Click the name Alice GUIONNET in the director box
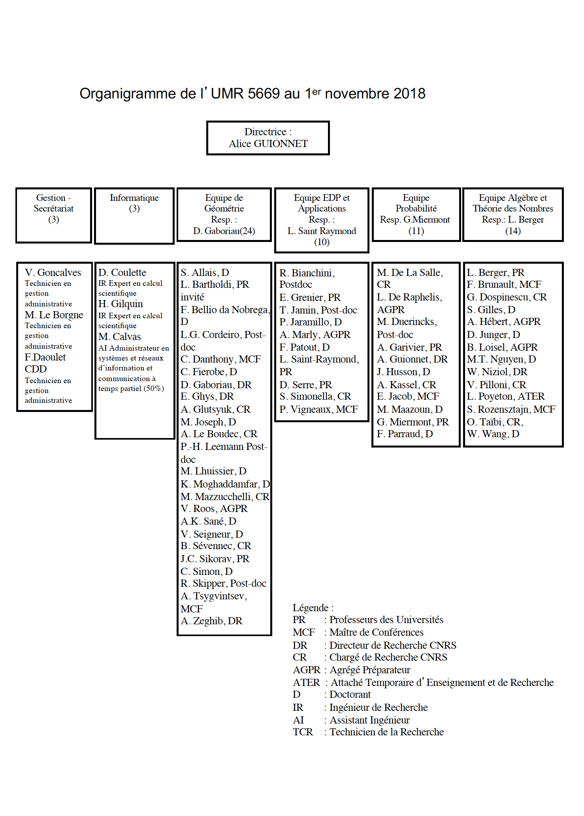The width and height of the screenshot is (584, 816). click(x=268, y=144)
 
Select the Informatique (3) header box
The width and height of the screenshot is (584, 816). click(x=134, y=215)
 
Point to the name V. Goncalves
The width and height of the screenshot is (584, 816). click(x=53, y=272)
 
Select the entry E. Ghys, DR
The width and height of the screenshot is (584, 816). click(x=207, y=397)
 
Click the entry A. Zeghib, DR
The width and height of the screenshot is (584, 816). click(x=211, y=621)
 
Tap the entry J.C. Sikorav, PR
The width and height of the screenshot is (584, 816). click(x=215, y=559)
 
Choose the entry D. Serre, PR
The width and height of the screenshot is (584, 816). click(x=306, y=385)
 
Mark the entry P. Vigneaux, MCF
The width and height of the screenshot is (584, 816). click(x=318, y=409)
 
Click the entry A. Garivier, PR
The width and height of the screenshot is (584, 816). click(x=409, y=347)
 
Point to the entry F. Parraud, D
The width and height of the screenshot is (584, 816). click(x=405, y=434)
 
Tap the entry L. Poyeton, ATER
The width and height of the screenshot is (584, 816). click(x=506, y=396)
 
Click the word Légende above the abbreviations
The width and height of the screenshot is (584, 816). click(x=311, y=608)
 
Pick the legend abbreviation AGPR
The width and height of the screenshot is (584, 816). click(x=307, y=670)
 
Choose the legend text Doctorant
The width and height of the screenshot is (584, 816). click(x=350, y=695)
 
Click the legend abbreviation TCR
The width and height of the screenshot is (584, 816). click(x=303, y=732)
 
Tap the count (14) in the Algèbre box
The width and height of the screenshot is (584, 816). click(x=513, y=231)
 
